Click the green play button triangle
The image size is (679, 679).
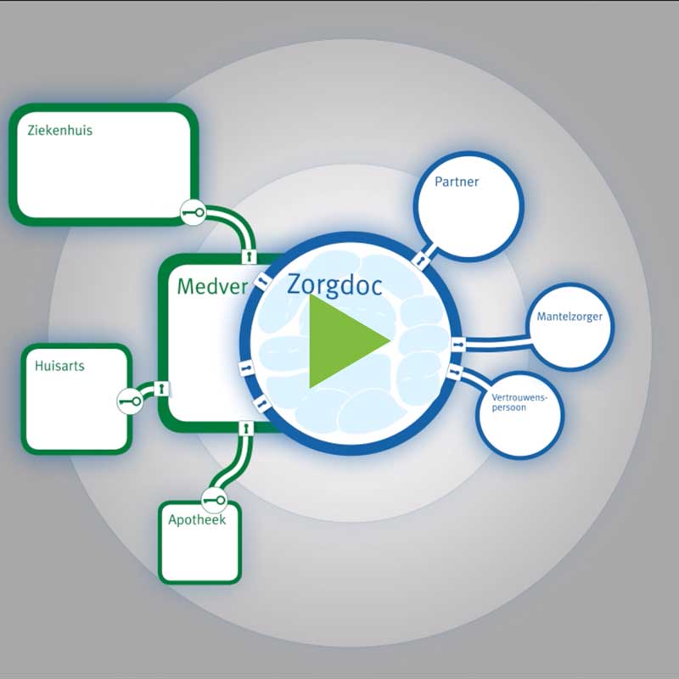tap(344, 340)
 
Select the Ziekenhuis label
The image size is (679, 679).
tap(59, 132)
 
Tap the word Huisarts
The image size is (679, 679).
tap(60, 367)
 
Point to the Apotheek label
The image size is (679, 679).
tap(196, 520)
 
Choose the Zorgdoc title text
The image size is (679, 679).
tap(334, 283)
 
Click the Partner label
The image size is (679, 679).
tap(457, 182)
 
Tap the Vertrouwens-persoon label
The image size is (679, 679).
tap(520, 401)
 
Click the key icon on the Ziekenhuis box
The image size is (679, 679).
tap(193, 212)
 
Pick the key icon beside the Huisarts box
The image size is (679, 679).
tap(129, 400)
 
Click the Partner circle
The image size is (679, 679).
tap(468, 212)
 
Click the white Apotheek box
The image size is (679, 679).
tap(199, 552)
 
